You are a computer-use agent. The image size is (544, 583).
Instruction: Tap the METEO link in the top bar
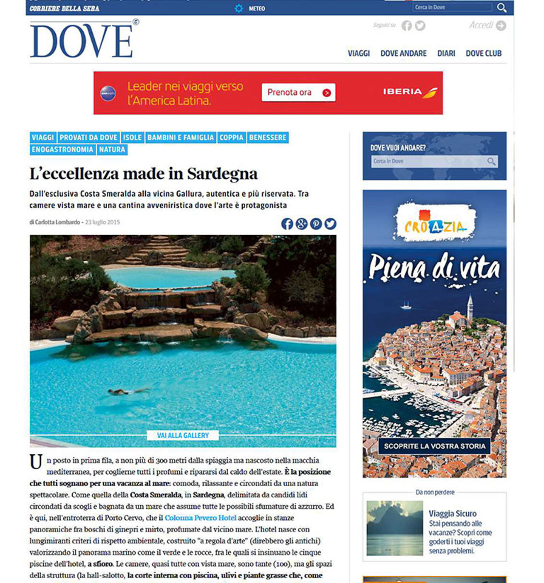click(x=256, y=8)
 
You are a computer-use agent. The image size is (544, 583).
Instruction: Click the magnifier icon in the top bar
click(x=501, y=8)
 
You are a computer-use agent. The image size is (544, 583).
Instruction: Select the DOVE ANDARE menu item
click(x=403, y=54)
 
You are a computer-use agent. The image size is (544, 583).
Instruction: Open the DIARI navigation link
click(x=446, y=54)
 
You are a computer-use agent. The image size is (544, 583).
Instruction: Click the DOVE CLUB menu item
click(x=484, y=54)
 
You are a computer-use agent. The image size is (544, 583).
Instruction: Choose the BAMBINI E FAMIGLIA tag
click(x=180, y=138)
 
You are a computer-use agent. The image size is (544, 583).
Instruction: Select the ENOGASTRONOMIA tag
click(x=62, y=149)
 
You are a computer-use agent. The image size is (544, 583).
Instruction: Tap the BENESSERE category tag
click(x=268, y=138)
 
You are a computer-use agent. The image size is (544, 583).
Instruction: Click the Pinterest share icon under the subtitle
click(x=316, y=224)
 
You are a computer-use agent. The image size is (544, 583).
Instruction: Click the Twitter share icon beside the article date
click(x=330, y=224)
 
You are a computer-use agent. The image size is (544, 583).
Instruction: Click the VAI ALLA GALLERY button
click(x=183, y=435)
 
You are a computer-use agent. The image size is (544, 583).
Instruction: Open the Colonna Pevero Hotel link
click(x=200, y=518)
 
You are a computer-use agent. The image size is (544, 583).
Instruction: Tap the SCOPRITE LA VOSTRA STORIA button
click(x=434, y=446)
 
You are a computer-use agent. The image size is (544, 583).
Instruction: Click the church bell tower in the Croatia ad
click(x=470, y=308)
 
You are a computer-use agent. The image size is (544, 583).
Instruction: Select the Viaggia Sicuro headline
click(x=453, y=513)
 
